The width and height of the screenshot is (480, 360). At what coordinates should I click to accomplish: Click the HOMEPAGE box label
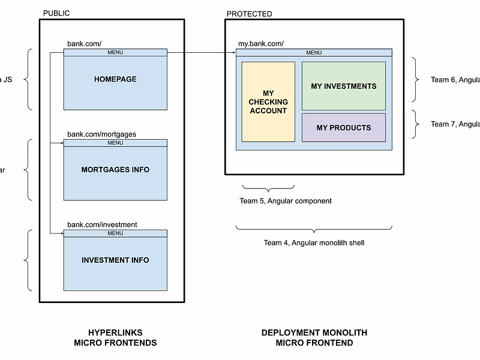(115, 79)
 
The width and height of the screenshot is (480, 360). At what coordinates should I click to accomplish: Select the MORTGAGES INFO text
(115, 170)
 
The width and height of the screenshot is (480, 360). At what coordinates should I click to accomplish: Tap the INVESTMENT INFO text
(115, 260)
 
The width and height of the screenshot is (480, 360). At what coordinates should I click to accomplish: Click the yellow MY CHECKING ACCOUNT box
(268, 102)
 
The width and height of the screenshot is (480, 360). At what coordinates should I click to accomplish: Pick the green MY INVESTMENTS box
(343, 86)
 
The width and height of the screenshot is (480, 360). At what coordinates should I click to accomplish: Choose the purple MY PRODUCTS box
(343, 128)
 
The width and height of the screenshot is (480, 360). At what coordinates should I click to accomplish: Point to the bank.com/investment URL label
(102, 225)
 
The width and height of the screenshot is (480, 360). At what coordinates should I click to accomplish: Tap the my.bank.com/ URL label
(261, 44)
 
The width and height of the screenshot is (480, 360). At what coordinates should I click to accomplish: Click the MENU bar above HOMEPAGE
(115, 52)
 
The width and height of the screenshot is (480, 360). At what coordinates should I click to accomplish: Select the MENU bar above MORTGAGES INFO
(115, 143)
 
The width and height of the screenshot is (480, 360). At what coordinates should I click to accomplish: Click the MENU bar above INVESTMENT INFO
(115, 233)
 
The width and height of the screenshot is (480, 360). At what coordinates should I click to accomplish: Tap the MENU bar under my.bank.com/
(313, 53)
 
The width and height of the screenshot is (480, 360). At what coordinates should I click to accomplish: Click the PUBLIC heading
(56, 13)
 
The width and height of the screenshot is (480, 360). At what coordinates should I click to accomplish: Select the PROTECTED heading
(249, 14)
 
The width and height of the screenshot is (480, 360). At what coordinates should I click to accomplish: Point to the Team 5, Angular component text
(285, 201)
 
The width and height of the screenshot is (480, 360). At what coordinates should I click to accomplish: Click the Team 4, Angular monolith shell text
(314, 243)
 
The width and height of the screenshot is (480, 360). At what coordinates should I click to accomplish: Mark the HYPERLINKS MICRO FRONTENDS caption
(115, 338)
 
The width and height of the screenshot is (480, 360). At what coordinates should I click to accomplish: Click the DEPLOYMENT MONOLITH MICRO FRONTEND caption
(314, 338)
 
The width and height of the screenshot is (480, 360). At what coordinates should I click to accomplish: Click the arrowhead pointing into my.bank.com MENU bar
(233, 53)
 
